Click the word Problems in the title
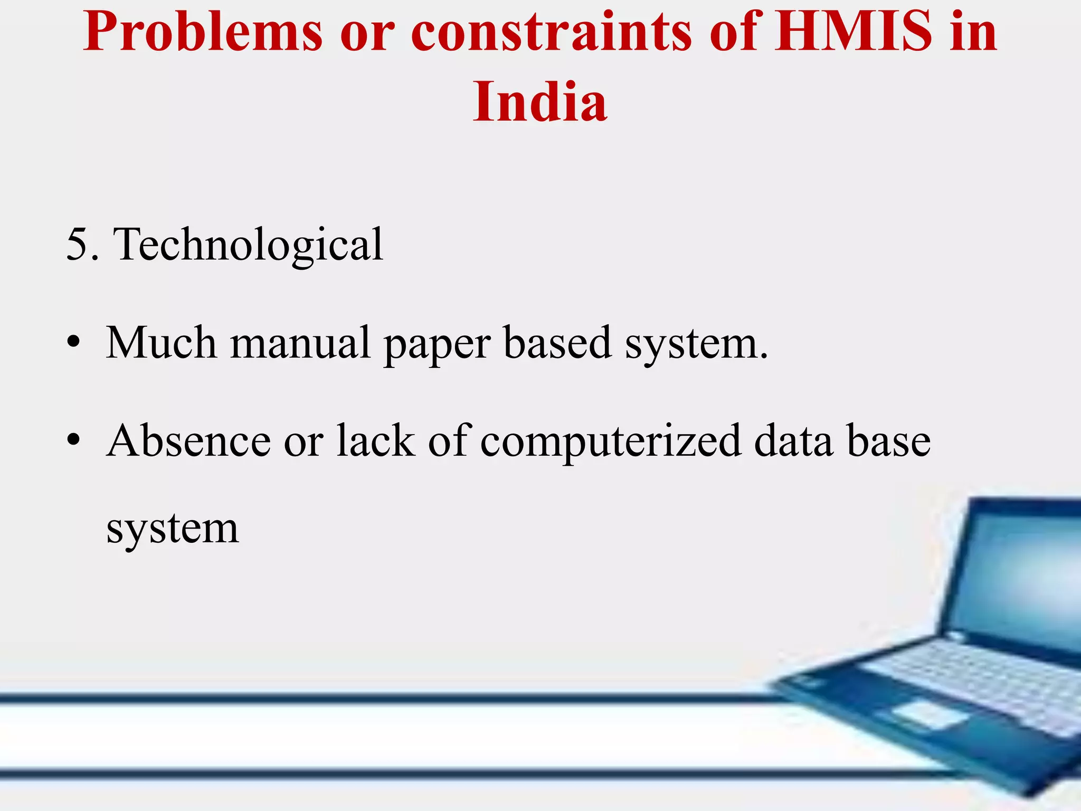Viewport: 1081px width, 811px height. [x=203, y=33]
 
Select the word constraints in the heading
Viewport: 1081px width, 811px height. [x=551, y=33]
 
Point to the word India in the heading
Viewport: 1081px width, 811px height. [x=540, y=102]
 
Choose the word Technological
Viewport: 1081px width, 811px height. [x=248, y=245]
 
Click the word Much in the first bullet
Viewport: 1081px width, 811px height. [x=161, y=343]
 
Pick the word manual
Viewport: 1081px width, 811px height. [x=300, y=343]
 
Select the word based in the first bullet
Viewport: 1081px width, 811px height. [x=557, y=343]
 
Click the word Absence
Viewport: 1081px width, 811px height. [x=189, y=441]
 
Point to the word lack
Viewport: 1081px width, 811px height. [x=375, y=441]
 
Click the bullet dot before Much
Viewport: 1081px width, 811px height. [x=73, y=343]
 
